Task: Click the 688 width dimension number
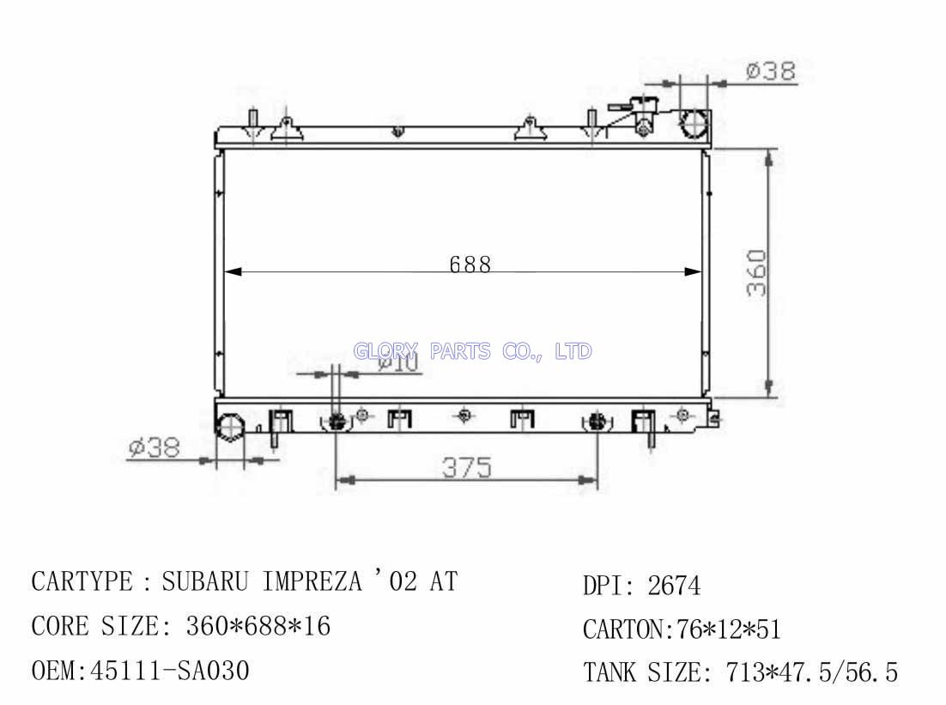click(470, 264)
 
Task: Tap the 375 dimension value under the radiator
click(467, 467)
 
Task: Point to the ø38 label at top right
click(770, 70)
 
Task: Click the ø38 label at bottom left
click(155, 447)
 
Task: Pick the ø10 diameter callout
click(398, 363)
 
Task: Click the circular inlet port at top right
click(694, 123)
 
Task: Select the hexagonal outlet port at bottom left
click(230, 428)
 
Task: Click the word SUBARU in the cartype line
click(205, 581)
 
